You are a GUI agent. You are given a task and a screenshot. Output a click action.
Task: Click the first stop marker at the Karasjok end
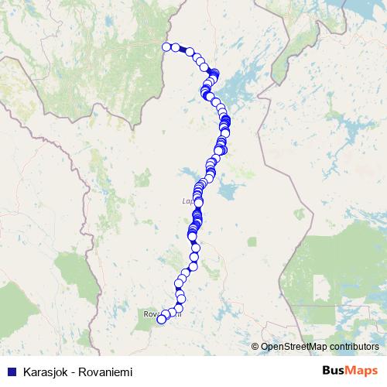pyautogui.click(x=166, y=47)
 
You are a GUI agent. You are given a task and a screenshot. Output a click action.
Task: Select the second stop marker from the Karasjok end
pyautogui.click(x=176, y=47)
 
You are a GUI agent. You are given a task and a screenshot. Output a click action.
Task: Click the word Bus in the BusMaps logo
pyautogui.click(x=334, y=369)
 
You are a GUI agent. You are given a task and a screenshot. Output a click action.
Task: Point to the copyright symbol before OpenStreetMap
pyautogui.click(x=255, y=347)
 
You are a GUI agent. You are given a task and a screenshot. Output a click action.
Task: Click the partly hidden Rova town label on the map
pyautogui.click(x=152, y=313)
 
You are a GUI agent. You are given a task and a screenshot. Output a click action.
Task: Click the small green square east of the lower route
pyautogui.click(x=252, y=241)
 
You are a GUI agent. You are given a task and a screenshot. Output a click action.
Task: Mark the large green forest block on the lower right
pyautogui.click(x=341, y=263)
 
